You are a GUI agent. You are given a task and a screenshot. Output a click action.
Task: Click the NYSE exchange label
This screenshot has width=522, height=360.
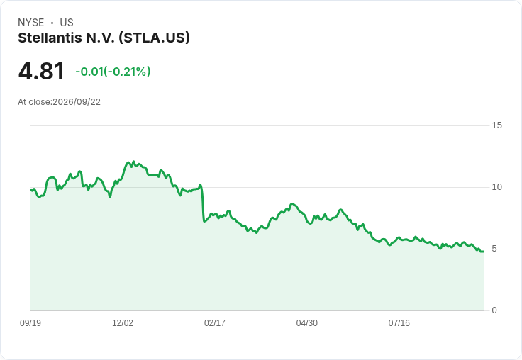click(31, 23)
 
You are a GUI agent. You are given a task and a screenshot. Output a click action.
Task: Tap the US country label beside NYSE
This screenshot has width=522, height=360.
click(67, 23)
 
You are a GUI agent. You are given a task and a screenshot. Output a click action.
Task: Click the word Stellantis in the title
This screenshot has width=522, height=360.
click(50, 38)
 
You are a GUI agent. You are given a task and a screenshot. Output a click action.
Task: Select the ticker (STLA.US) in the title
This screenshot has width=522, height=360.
click(154, 38)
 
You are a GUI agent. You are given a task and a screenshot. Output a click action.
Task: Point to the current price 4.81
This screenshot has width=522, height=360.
click(41, 72)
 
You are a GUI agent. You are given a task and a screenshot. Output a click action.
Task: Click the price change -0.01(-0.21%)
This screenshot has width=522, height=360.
click(113, 72)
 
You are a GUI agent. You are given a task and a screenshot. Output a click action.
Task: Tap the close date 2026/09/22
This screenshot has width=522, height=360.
click(77, 102)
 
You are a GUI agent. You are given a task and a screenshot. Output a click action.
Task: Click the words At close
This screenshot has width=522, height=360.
click(35, 102)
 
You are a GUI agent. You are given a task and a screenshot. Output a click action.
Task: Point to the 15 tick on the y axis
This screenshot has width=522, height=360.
click(497, 125)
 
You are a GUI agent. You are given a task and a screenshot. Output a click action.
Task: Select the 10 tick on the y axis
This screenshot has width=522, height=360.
click(497, 187)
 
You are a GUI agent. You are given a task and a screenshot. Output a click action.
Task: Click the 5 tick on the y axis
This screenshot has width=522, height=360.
click(494, 249)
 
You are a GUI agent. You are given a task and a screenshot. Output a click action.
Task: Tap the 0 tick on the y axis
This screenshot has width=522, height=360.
click(494, 310)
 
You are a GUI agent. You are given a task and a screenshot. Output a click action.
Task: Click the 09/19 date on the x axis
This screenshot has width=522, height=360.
click(30, 322)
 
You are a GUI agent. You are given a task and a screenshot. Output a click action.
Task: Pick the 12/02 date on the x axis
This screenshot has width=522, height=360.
click(123, 322)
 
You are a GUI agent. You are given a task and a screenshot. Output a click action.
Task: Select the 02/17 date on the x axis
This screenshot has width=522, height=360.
click(215, 322)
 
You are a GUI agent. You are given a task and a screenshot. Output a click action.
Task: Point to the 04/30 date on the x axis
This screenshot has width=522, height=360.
click(307, 322)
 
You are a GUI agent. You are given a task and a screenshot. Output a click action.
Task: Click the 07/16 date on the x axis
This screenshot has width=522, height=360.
click(399, 322)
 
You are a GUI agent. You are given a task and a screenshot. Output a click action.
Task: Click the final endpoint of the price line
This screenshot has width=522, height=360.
click(484, 252)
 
